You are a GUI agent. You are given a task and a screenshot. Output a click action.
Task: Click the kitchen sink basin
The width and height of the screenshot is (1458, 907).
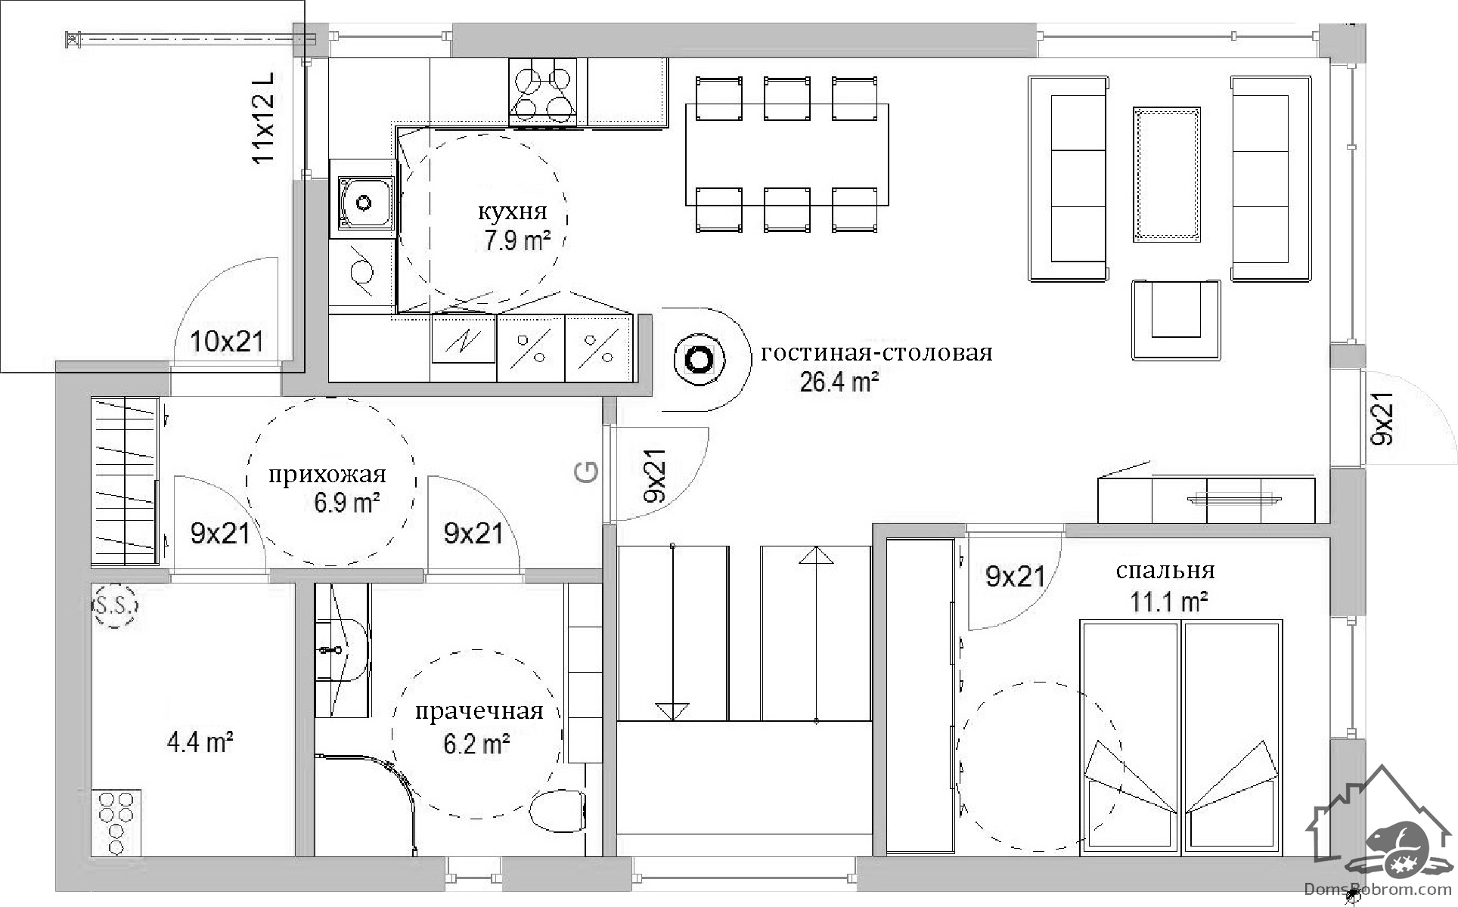[x=365, y=203]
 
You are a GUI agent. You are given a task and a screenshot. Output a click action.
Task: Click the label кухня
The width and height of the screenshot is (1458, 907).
[x=511, y=211]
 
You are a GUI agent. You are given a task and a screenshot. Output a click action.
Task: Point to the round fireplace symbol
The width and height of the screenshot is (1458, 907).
[x=699, y=360]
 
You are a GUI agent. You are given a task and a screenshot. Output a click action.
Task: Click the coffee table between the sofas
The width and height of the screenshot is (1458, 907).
[x=1166, y=175]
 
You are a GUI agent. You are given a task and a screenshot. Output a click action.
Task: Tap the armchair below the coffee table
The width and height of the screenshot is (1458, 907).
[x=1176, y=319]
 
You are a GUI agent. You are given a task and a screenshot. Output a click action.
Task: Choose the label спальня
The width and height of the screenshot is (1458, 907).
[x=1165, y=571]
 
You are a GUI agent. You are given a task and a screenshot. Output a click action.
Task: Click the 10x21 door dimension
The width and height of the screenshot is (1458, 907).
[x=227, y=342]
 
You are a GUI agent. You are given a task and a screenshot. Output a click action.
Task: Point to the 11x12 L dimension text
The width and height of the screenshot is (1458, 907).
[x=263, y=118]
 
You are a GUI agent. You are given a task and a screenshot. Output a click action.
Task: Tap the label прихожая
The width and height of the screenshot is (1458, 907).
[x=327, y=475]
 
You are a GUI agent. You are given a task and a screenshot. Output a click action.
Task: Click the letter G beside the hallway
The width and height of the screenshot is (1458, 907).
[x=587, y=472]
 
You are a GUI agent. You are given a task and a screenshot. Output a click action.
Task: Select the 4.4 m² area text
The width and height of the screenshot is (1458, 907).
[x=200, y=742]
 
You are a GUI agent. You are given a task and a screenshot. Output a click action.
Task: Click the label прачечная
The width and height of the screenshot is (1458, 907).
[x=479, y=711]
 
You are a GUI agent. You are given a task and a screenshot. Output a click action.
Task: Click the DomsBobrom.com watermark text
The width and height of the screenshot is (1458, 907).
[x=1385, y=890]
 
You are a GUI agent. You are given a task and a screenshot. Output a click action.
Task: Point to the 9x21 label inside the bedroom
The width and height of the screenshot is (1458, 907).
[x=1016, y=577]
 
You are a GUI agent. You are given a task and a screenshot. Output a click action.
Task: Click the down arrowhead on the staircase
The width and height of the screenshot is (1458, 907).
[x=672, y=710]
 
